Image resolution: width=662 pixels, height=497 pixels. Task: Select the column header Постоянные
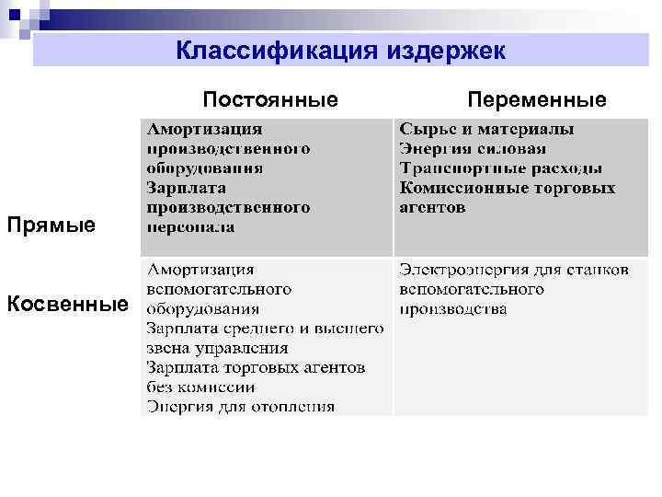click(x=270, y=98)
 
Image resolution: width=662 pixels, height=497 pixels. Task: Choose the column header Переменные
click(x=537, y=98)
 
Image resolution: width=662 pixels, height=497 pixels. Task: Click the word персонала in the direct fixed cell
click(x=190, y=226)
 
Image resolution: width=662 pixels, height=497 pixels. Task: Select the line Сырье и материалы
click(x=487, y=129)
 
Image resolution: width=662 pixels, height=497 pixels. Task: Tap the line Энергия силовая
click(x=473, y=149)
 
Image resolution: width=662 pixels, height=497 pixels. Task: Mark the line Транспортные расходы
click(x=501, y=168)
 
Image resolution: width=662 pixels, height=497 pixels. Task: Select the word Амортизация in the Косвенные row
click(x=201, y=270)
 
